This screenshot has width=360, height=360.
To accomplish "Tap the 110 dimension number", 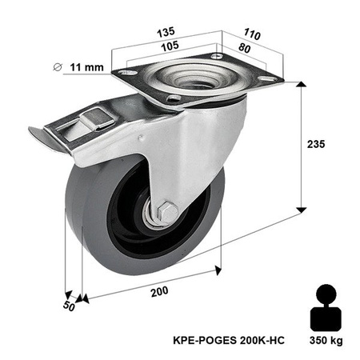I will [252, 36].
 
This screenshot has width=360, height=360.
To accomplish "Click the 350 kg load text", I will [326, 341].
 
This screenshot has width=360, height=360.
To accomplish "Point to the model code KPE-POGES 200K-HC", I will [227, 341].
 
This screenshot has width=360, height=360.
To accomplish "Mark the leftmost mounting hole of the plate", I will [124, 74].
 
